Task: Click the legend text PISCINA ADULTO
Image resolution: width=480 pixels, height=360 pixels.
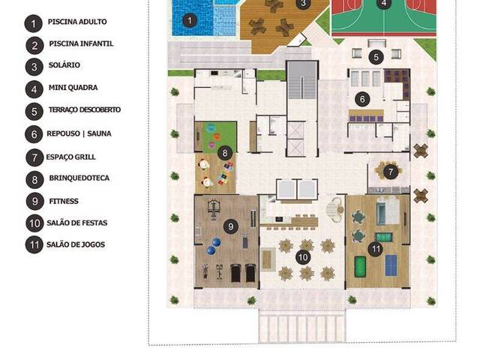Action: pos(77,22)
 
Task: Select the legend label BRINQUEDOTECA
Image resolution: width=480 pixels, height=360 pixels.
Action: pos(79,180)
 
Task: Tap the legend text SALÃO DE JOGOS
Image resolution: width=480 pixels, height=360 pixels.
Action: pos(76,244)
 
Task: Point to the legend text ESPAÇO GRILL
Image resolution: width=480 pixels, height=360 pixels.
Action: pos(72,157)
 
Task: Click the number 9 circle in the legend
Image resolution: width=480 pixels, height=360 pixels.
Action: pos(34,201)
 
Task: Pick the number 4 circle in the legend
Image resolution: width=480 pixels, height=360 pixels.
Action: pos(34,88)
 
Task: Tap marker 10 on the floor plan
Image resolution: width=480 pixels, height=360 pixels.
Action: pos(303,257)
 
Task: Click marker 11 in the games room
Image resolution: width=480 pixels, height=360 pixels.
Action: pos(376,248)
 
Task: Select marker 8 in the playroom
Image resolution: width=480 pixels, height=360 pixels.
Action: pos(224,153)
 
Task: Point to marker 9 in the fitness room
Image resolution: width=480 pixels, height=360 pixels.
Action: pos(231,225)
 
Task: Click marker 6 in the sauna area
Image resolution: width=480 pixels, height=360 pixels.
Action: pos(362,99)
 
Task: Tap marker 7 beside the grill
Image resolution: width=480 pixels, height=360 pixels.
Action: pos(390,172)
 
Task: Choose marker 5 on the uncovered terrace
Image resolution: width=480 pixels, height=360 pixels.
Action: pos(376,57)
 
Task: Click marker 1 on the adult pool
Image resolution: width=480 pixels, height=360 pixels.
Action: pos(190,20)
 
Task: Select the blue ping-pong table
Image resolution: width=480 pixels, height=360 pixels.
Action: pos(393,264)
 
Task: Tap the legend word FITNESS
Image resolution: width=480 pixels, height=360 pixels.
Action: pos(64,201)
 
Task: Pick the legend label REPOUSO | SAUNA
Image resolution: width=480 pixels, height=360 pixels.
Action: pos(82,134)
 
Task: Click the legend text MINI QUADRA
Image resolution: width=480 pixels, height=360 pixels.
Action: pos(73,88)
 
